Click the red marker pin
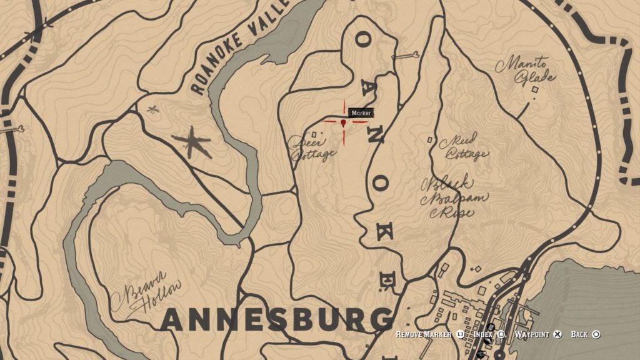point(344,124)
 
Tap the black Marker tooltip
point(361,113)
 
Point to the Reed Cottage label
point(463,146)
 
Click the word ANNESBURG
point(275,321)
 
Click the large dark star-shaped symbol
point(192,142)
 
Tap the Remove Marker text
point(424,335)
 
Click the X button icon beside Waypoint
point(558,335)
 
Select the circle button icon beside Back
point(596,335)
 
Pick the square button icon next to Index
point(500,335)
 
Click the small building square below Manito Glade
point(534,90)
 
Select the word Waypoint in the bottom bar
point(532,335)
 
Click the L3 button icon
point(461,335)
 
